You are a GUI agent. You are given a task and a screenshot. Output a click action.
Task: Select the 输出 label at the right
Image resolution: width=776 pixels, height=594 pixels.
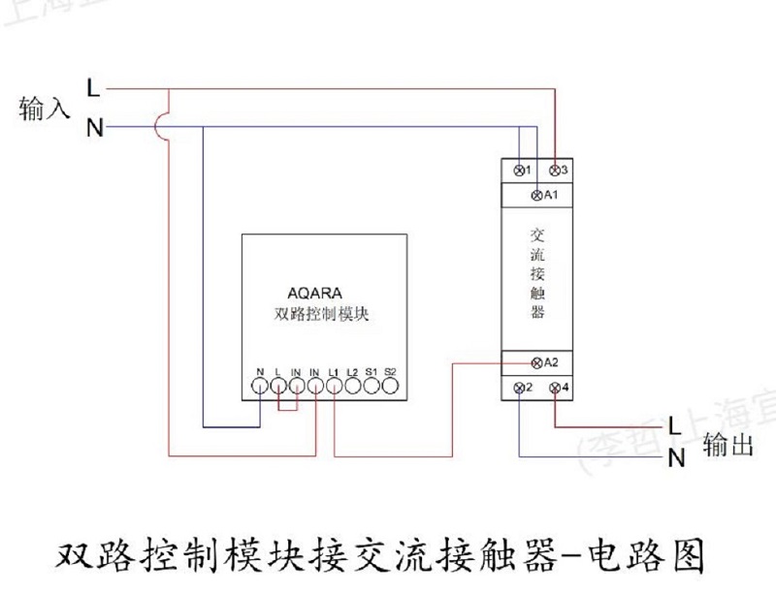point(727,445)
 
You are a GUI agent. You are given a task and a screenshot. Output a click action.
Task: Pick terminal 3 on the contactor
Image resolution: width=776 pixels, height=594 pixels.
point(555,171)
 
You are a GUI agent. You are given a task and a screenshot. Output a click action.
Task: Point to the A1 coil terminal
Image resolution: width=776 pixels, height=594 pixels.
point(538,197)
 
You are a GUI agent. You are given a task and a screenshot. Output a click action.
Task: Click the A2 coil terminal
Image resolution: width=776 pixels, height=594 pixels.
point(538,362)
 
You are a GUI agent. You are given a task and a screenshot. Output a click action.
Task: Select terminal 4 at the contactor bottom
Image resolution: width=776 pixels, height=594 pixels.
point(555,389)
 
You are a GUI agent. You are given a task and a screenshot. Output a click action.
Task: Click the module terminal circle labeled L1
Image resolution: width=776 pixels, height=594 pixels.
point(335,387)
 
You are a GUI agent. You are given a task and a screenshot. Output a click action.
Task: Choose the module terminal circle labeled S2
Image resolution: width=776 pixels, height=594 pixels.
point(390,387)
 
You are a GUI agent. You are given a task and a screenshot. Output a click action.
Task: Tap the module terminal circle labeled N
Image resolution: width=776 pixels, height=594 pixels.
point(260,387)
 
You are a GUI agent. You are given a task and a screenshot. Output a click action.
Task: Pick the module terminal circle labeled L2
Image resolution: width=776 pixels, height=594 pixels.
point(353,387)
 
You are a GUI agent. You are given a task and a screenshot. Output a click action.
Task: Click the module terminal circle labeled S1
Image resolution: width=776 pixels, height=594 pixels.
point(372,387)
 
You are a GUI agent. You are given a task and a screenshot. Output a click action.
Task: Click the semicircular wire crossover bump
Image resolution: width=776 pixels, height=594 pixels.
point(165,127)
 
